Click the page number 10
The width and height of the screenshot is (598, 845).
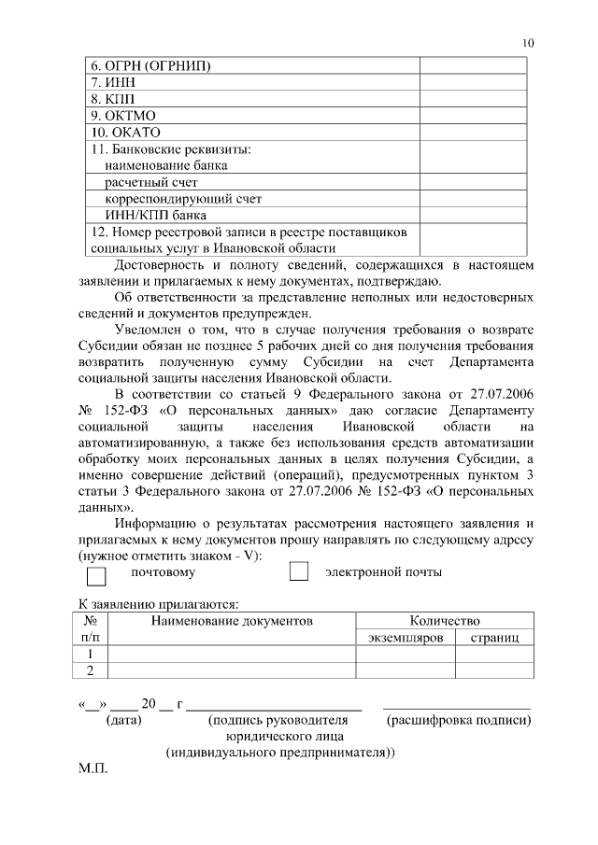click(x=528, y=43)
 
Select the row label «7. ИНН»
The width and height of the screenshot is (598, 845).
click(x=113, y=82)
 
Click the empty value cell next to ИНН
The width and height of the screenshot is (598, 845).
click(x=477, y=82)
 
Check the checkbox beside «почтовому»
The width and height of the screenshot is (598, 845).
click(x=96, y=573)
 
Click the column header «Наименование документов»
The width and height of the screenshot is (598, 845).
click(x=232, y=620)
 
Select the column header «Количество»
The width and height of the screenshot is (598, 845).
click(x=445, y=620)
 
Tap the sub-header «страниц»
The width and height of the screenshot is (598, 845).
click(x=494, y=636)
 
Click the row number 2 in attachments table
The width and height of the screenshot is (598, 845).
click(x=91, y=670)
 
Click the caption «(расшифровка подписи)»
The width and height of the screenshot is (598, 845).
click(x=459, y=720)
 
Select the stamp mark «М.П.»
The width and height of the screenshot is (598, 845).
click(x=93, y=774)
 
